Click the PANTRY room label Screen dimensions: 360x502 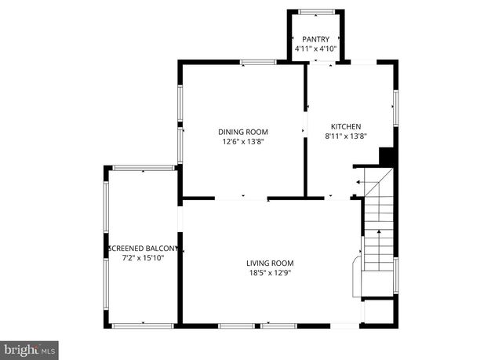(315, 39)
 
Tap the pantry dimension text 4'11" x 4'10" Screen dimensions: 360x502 (315, 49)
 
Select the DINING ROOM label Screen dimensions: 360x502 (243, 132)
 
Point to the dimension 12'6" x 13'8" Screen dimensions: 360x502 (243, 142)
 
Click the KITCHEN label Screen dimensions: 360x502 (346, 126)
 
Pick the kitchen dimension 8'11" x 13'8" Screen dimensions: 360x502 (346, 136)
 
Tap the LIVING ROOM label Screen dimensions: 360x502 (270, 263)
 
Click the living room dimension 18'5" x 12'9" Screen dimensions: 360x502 (270, 273)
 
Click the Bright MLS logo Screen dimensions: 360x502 (30, 347)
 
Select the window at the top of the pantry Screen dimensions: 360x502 (315, 11)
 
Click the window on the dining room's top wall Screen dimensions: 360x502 (258, 62)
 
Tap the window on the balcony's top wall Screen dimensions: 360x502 (142, 168)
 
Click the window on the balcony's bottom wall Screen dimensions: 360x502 (142, 325)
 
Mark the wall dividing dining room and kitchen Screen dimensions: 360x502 (305, 129)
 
